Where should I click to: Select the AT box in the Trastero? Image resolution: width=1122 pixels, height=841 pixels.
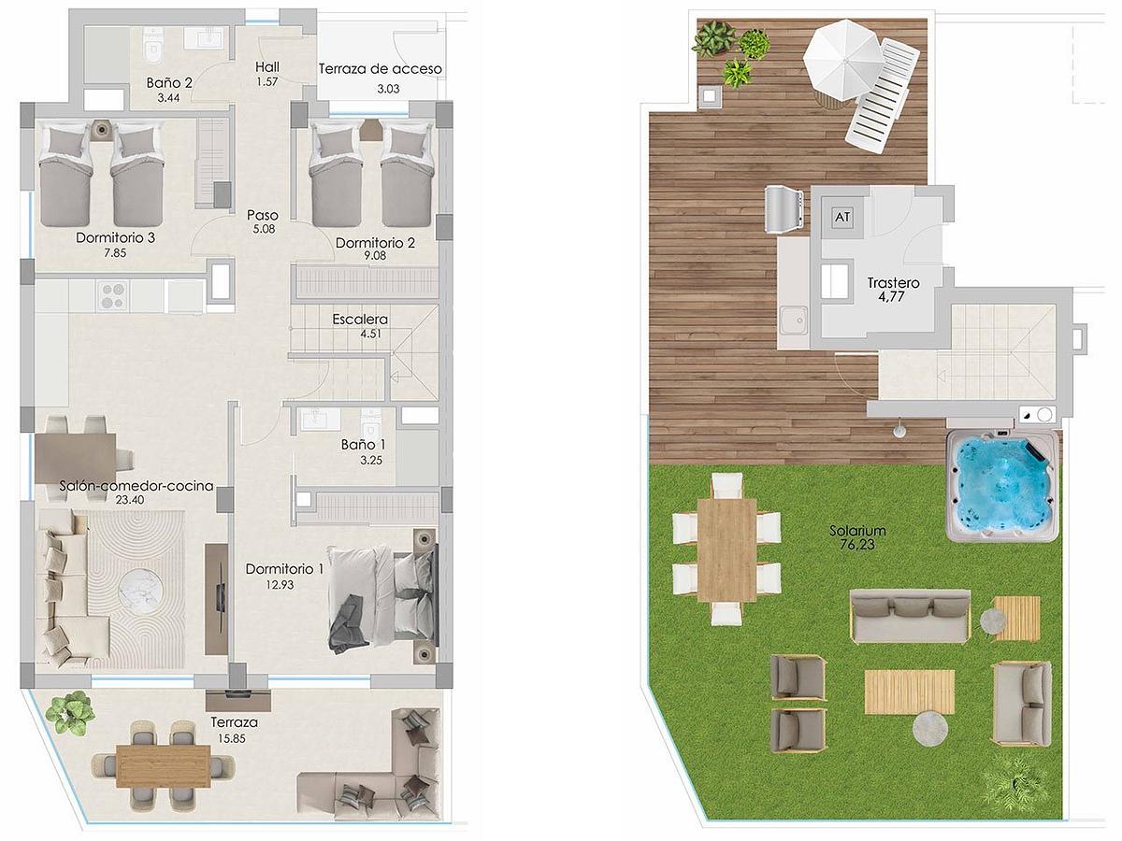click(842, 217)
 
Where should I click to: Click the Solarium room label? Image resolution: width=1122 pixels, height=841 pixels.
click(857, 531)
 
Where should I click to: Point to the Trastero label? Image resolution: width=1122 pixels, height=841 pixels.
click(894, 282)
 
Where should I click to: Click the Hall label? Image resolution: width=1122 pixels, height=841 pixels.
click(267, 67)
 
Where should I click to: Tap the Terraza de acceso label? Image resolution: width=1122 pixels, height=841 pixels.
click(380, 69)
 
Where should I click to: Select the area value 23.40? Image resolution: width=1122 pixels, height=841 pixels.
click(130, 499)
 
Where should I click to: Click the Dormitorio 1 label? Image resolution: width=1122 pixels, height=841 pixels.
click(284, 569)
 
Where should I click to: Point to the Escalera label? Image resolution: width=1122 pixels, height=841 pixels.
click(360, 320)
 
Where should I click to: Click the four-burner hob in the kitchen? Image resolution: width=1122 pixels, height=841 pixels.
click(114, 296)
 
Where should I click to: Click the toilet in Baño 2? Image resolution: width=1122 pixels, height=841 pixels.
click(152, 43)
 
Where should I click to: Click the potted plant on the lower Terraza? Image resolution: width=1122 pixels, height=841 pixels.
click(69, 713)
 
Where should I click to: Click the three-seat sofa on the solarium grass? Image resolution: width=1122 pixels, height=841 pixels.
click(910, 616)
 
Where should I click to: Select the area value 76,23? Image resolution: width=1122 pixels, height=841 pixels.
click(857, 545)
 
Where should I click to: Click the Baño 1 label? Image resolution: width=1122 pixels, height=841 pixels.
click(364, 445)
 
